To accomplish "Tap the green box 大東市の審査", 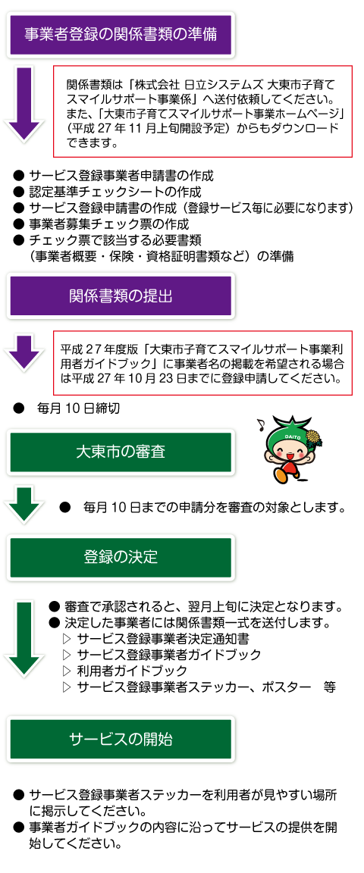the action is [x=121, y=452].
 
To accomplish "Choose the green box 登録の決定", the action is [x=121, y=557].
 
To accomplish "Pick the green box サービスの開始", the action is [x=121, y=739].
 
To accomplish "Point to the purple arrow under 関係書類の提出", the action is [x=24, y=351].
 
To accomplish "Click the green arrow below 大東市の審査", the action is [x=24, y=504].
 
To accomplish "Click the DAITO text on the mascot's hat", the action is [x=290, y=437].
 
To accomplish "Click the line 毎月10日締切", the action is [x=78, y=408].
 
